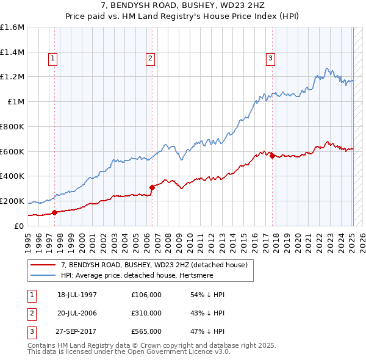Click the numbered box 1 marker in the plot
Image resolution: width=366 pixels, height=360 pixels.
coord(53,59)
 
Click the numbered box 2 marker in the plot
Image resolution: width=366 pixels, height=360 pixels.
coord(150,59)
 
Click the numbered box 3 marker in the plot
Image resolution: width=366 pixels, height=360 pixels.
coord(270,59)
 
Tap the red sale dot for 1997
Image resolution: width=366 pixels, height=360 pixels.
coord(54,212)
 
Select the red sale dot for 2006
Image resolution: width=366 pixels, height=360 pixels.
coord(152,187)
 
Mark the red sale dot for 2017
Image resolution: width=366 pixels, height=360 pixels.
coord(272,156)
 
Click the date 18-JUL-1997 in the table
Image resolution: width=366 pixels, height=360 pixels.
coord(77,295)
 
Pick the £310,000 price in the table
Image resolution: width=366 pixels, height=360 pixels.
coord(146,313)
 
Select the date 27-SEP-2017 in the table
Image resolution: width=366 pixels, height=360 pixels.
coord(77,331)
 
